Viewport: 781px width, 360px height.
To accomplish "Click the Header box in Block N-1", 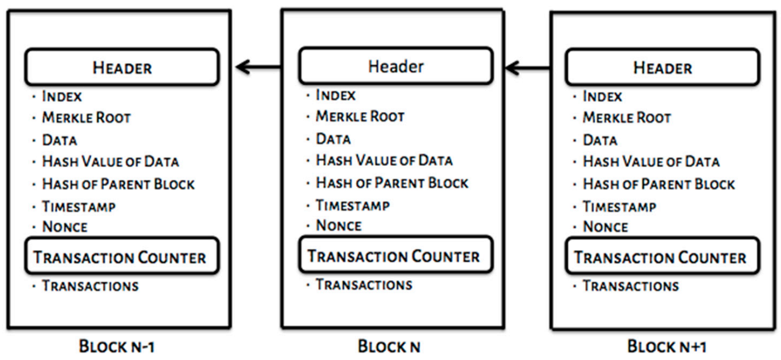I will pos(121,67).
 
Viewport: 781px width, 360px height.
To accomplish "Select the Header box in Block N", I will pos(395,66).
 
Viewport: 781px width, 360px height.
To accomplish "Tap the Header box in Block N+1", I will pos(662,68).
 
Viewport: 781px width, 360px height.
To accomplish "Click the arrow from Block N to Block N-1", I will pos(259,68).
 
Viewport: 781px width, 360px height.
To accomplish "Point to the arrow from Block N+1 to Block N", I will pos(528,68).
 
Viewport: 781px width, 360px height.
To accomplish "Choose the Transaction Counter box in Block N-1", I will pos(121,257).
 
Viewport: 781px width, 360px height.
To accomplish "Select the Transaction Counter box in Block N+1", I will pos(661,257).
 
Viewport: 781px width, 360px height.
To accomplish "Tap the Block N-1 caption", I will pos(117,347).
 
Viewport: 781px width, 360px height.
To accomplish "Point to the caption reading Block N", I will pos(389,347).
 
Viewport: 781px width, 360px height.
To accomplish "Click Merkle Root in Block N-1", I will pos(86,117).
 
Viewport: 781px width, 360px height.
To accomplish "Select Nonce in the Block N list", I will pos(339,225).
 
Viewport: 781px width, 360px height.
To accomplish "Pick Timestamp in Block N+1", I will pos(619,207).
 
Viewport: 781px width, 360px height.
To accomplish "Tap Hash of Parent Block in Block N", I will pos(392,183).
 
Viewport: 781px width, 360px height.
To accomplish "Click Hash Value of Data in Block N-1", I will pos(110,162).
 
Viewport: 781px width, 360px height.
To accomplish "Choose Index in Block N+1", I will pos(602,96).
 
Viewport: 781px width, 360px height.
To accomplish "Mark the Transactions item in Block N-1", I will pos(90,286).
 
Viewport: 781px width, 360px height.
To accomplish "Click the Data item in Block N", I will pos(333,139).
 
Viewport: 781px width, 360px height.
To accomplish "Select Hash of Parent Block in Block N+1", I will pos(658,184).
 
